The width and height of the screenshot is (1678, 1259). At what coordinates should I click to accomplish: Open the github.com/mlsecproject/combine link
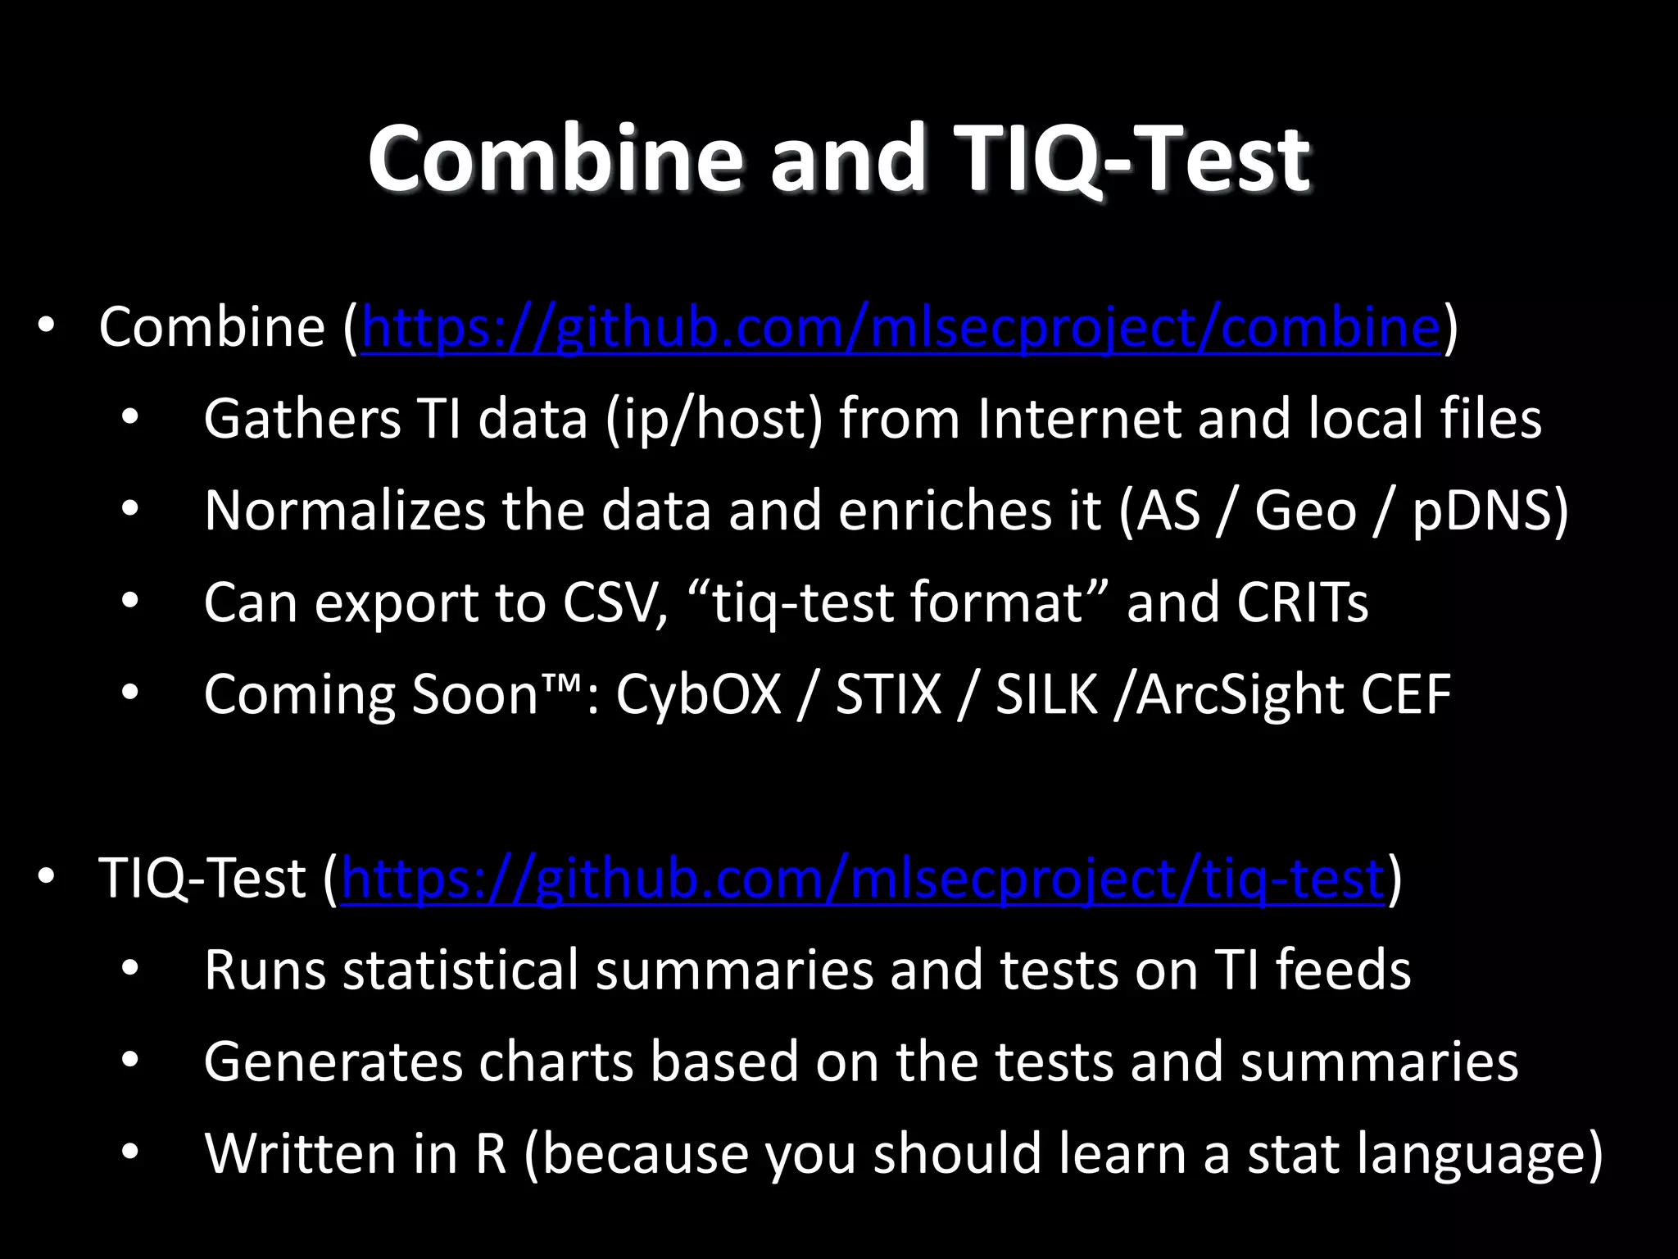[x=900, y=328]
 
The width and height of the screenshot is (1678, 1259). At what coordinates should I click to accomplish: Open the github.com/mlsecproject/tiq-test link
[x=862, y=879]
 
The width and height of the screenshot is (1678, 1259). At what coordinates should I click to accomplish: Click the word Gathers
[x=302, y=419]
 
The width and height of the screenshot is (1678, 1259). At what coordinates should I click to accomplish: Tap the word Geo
[x=1305, y=511]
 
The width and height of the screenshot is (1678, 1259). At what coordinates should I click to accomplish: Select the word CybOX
[x=698, y=695]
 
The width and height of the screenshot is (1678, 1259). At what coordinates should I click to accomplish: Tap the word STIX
[x=888, y=695]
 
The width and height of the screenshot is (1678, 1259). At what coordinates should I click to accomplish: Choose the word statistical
[x=460, y=970]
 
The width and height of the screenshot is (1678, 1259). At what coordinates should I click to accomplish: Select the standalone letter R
[x=491, y=1154]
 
